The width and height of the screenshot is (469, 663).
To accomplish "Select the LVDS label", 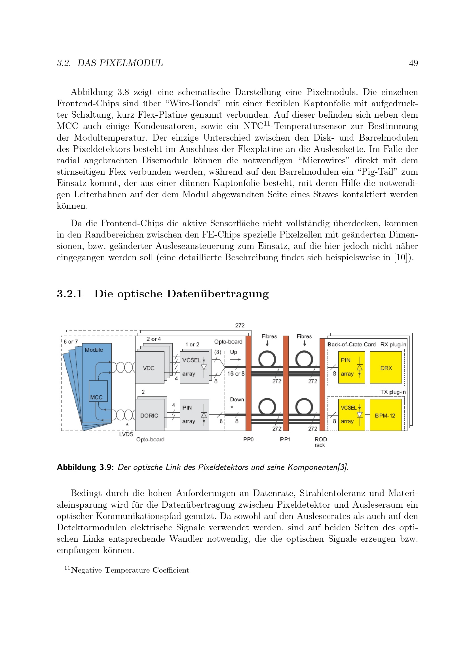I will coord(126,434).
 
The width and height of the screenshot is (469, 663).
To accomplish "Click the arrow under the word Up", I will coord(235,359).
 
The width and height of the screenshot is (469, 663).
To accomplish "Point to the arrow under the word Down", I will coord(236,407).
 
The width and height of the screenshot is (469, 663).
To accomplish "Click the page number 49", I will coord(413,63).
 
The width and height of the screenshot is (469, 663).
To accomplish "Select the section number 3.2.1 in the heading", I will coord(69,294).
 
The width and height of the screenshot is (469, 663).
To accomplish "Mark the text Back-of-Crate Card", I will coord(351,344).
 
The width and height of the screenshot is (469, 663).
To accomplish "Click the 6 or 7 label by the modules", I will coord(71,342).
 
